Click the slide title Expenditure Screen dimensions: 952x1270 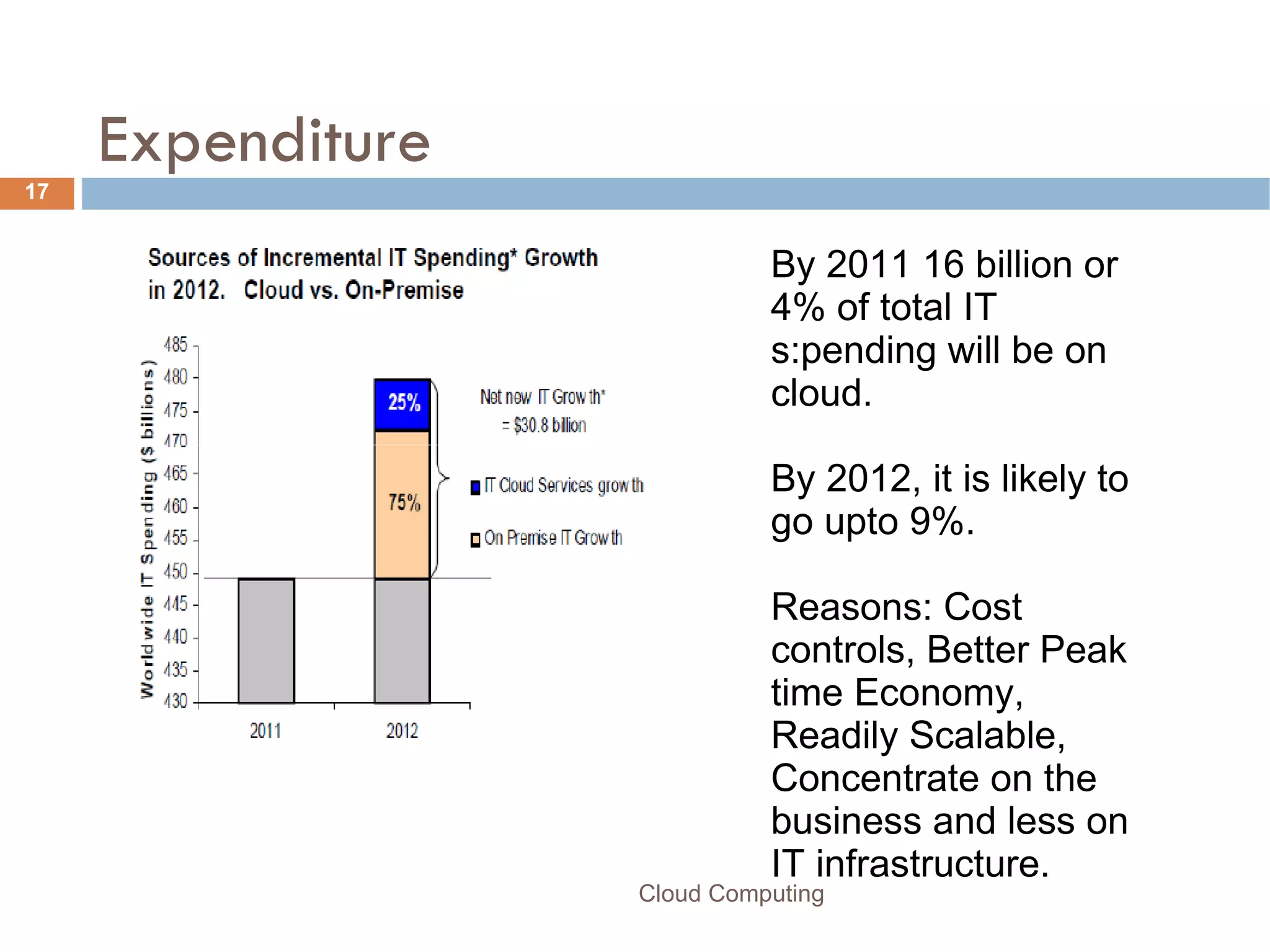[264, 141]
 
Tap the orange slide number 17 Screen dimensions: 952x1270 [37, 192]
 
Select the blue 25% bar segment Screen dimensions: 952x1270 [402, 404]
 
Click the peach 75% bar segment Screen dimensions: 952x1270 [402, 504]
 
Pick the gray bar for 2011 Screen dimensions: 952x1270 [266, 640]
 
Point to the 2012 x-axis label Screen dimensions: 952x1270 [402, 731]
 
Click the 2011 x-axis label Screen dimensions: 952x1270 [265, 731]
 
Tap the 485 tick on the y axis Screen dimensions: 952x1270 [175, 345]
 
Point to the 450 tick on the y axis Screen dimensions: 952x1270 [175, 572]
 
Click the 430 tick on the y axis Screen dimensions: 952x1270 [175, 701]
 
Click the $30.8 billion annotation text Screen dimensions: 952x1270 [544, 425]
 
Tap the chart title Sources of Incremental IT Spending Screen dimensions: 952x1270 [372, 258]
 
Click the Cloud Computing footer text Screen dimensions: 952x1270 [731, 894]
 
